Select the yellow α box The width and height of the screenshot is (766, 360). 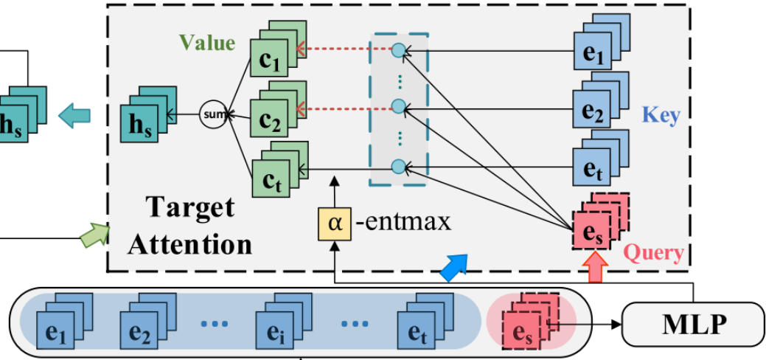pos(335,222)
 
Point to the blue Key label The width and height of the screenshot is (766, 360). pos(661,115)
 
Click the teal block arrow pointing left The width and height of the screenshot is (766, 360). pos(75,115)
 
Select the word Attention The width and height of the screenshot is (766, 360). pos(190,243)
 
